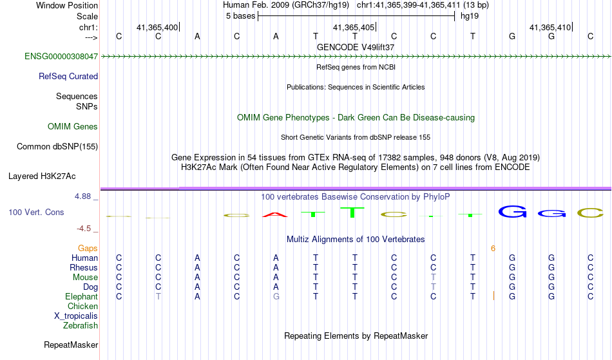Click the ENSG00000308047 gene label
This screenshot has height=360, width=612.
pyautogui.click(x=61, y=57)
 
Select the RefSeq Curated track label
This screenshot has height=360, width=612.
pyautogui.click(x=68, y=77)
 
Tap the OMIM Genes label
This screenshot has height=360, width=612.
pyautogui.click(x=73, y=127)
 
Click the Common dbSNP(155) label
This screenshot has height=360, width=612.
pyautogui.click(x=57, y=147)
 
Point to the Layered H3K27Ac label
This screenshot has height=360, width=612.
pyautogui.click(x=42, y=176)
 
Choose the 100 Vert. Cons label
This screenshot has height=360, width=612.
pyautogui.click(x=36, y=212)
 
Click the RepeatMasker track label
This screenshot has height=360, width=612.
pyautogui.click(x=71, y=345)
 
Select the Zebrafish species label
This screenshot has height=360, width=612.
pyautogui.click(x=81, y=326)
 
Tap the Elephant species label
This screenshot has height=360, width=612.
pyautogui.click(x=82, y=297)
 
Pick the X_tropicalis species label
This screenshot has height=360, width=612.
pyautogui.click(x=76, y=316)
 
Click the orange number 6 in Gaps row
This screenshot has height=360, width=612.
pyautogui.click(x=493, y=249)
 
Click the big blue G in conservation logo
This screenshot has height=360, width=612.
pyautogui.click(x=512, y=212)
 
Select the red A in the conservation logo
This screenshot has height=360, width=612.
pyautogui.click(x=275, y=214)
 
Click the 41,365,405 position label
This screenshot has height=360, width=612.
pyautogui.click(x=353, y=27)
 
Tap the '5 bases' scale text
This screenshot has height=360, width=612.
pyautogui.click(x=240, y=16)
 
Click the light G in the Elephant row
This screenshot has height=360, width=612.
pyautogui.click(x=276, y=296)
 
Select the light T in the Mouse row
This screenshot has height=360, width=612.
pyautogui.click(x=434, y=278)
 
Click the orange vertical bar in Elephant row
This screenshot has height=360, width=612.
pyautogui.click(x=493, y=296)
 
